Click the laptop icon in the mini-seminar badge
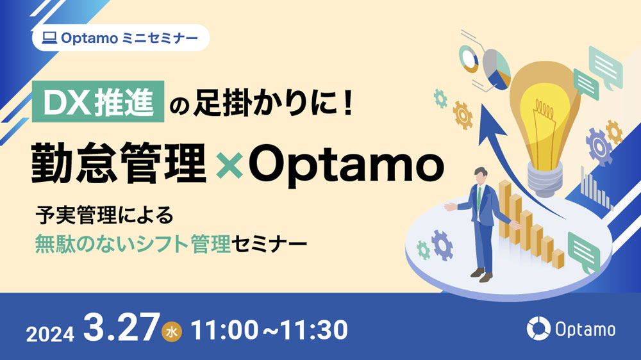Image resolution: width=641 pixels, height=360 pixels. tap(49, 38)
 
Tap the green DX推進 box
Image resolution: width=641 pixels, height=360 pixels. tap(98, 102)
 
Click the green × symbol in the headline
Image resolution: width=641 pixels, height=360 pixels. tap(229, 165)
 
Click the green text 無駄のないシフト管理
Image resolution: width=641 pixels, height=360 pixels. tap(133, 244)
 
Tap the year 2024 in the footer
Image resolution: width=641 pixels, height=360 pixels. tap(50, 334)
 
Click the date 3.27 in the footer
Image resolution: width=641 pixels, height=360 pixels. tap(121, 327)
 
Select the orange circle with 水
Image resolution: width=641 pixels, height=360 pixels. tap(172, 332)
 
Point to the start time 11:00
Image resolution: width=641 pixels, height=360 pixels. tap(224, 330)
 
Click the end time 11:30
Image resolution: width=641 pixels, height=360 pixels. tap(313, 330)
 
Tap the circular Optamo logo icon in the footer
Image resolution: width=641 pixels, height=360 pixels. tap(538, 328)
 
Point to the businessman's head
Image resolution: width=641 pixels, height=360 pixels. tap(481, 176)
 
